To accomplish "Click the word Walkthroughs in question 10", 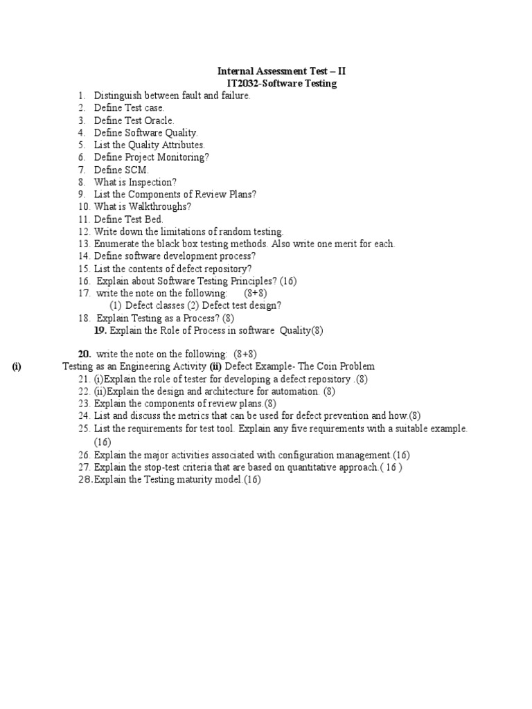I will click(x=160, y=206).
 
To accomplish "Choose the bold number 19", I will click(x=100, y=330).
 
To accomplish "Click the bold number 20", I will click(x=85, y=354).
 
